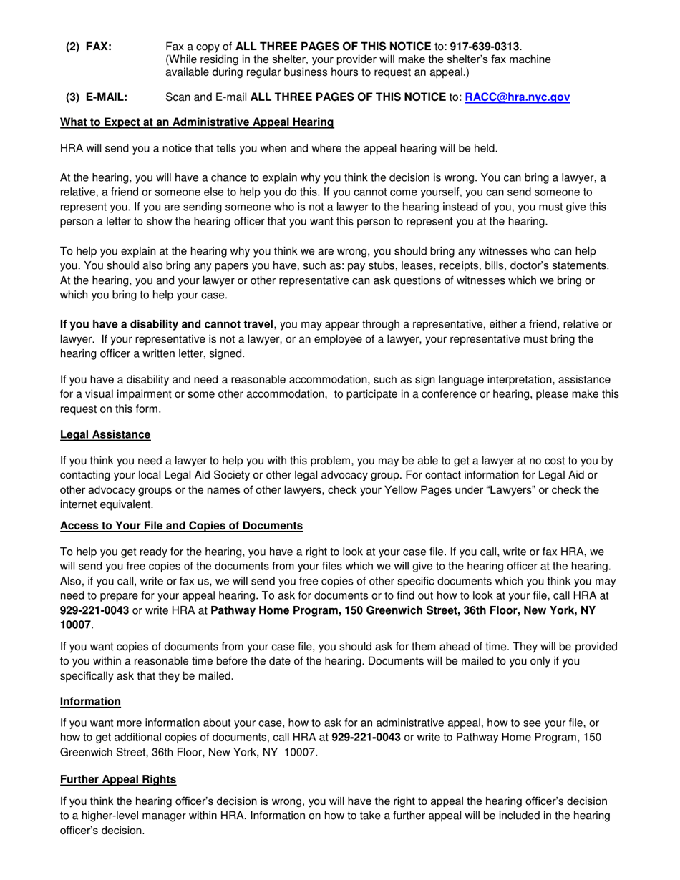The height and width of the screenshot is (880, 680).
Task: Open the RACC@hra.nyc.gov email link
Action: (x=518, y=97)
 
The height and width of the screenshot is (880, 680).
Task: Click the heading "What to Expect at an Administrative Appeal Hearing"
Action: (x=197, y=122)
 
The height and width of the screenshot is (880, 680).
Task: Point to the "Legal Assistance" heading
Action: (x=105, y=434)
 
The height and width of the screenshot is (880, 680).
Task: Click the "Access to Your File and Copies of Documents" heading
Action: (x=181, y=526)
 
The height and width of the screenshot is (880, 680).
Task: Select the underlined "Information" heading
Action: (x=90, y=700)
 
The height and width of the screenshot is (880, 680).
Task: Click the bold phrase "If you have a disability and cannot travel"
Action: (x=166, y=324)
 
